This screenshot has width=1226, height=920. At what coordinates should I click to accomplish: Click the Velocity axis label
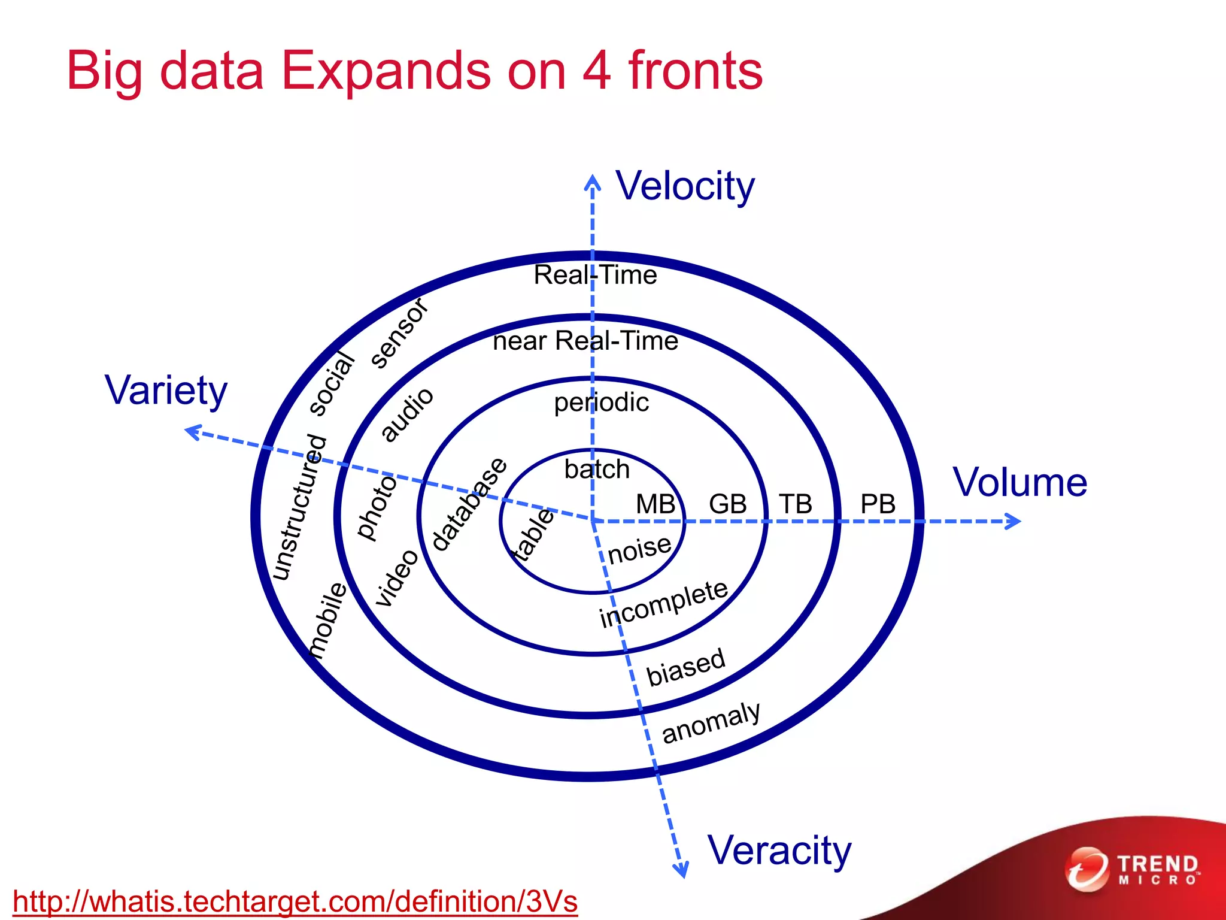coord(685,186)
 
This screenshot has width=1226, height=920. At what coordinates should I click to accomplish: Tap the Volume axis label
coord(1019,482)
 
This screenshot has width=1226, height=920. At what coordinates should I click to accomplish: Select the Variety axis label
coord(166,391)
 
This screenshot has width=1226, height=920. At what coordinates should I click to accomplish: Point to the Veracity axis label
coord(779,851)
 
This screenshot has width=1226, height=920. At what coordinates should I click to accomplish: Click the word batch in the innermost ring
coord(597,470)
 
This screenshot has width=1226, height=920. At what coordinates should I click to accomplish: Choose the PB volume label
coord(878,504)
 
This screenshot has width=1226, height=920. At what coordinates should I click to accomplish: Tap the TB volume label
coord(796,504)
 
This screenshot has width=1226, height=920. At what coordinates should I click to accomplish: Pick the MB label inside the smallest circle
coord(656,504)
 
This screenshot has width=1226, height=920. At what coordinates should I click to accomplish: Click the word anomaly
coord(711,722)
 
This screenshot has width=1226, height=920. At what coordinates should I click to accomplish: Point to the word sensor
coord(399,333)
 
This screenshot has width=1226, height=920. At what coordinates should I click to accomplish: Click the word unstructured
coord(299,508)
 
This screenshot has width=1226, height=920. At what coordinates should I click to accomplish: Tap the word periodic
coord(601,402)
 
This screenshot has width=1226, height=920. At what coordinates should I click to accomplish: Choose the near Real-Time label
coord(585,341)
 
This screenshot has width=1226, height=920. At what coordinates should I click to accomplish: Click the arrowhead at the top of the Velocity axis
coord(592,181)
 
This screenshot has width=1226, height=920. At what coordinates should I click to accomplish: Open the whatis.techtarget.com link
coord(295,901)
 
